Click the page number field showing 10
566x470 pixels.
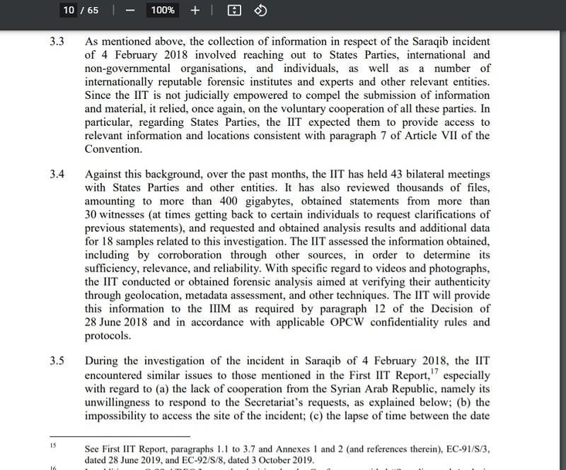[x=69, y=10]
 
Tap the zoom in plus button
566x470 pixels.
[x=195, y=10]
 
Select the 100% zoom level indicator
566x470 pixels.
[x=163, y=10]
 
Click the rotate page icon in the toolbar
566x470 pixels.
[x=260, y=10]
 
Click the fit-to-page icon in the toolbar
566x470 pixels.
[x=234, y=10]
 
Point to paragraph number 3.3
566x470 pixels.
[x=57, y=41]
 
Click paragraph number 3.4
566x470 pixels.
[x=57, y=174]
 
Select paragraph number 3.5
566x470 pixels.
[x=57, y=362]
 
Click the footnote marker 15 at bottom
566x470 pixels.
[x=52, y=446]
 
